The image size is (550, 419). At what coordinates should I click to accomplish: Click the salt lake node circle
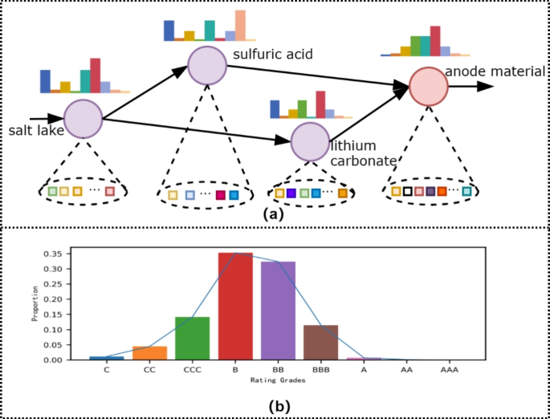pos(84,119)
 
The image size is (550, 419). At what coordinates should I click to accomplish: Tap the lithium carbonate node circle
pos(310,141)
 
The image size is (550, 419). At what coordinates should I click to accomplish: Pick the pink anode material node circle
pos(428,87)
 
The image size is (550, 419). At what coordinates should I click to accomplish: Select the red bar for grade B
pos(235,306)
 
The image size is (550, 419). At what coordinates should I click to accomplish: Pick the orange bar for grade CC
pos(150,353)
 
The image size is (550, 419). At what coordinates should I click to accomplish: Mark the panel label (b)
pos(277,406)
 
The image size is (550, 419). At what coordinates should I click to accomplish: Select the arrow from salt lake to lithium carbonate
pos(193,131)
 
